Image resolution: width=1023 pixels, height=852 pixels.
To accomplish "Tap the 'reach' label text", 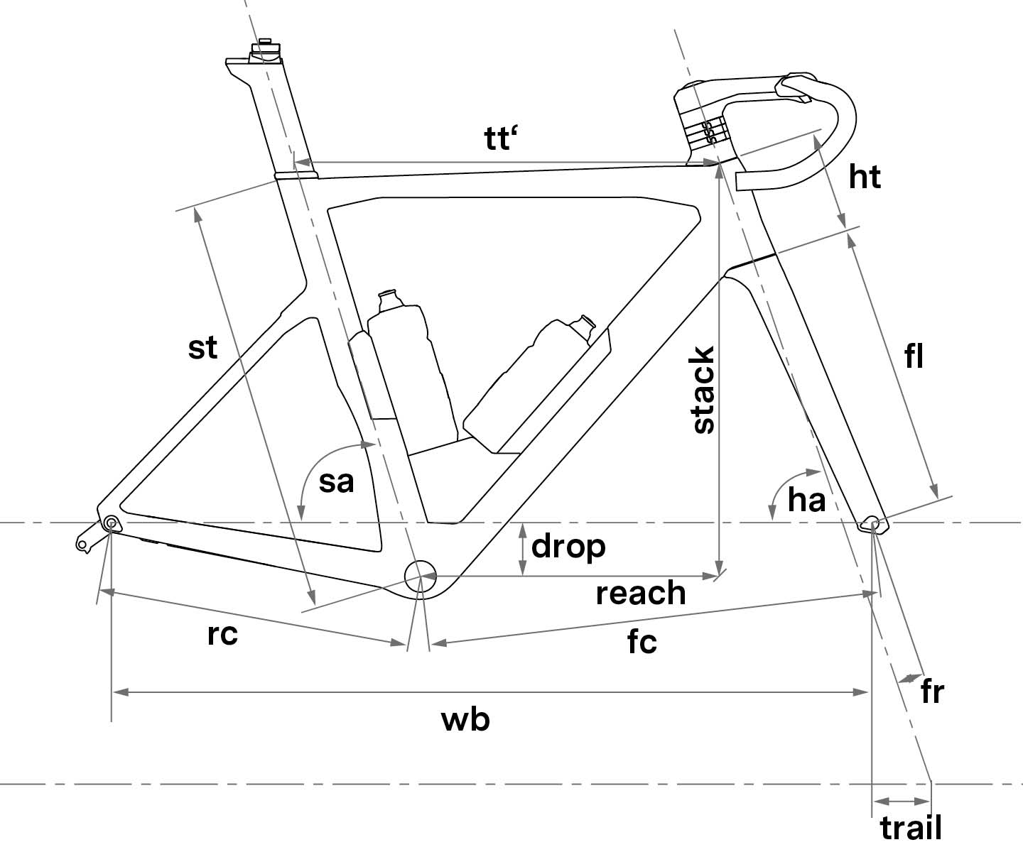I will coord(641,594).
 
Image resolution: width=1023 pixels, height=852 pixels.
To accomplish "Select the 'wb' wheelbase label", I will coord(466,720).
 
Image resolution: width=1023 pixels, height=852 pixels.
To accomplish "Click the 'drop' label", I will coord(568,547).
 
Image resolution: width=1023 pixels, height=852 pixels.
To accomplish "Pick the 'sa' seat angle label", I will coord(336,481).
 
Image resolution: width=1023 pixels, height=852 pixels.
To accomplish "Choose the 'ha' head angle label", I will coord(806,501).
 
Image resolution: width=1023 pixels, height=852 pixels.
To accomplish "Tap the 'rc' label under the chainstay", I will coord(222,634).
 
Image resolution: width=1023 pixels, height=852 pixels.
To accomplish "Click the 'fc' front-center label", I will coord(642,642).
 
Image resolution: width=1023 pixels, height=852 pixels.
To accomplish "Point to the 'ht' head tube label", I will coord(865,177).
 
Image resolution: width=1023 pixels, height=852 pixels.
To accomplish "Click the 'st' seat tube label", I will coord(203,348).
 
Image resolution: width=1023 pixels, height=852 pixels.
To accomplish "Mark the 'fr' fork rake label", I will coord(931,692).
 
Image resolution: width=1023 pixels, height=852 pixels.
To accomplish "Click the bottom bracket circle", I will coord(420,574).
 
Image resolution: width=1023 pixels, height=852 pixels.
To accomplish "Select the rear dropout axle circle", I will coord(112,523).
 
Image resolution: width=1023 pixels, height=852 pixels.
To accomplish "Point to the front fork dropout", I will coord(874,525).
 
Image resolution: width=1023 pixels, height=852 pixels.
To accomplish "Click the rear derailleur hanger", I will coord(87,538).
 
